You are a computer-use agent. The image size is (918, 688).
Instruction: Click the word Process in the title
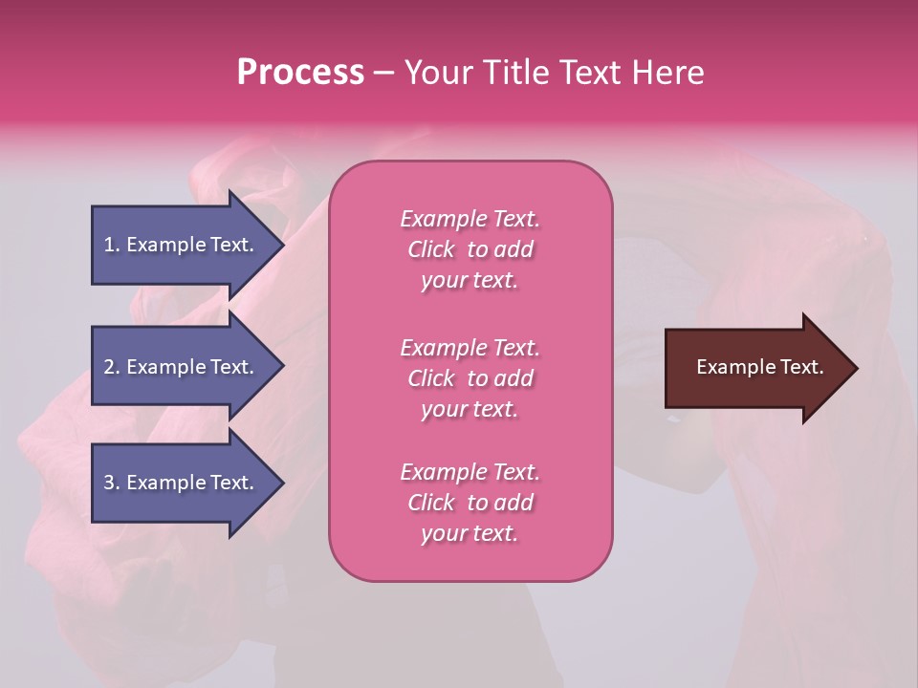(x=300, y=73)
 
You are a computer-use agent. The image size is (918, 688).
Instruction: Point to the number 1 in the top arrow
(x=109, y=245)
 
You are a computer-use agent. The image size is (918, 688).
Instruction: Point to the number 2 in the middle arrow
(x=109, y=367)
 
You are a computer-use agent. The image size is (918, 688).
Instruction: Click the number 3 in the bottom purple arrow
(x=109, y=483)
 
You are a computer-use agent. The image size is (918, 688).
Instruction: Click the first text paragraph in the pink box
(x=470, y=249)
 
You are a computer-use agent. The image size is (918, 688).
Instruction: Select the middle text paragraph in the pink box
(x=470, y=378)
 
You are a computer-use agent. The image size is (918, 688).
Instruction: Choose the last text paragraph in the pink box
(x=470, y=503)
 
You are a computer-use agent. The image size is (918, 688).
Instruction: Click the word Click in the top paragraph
(x=431, y=249)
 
